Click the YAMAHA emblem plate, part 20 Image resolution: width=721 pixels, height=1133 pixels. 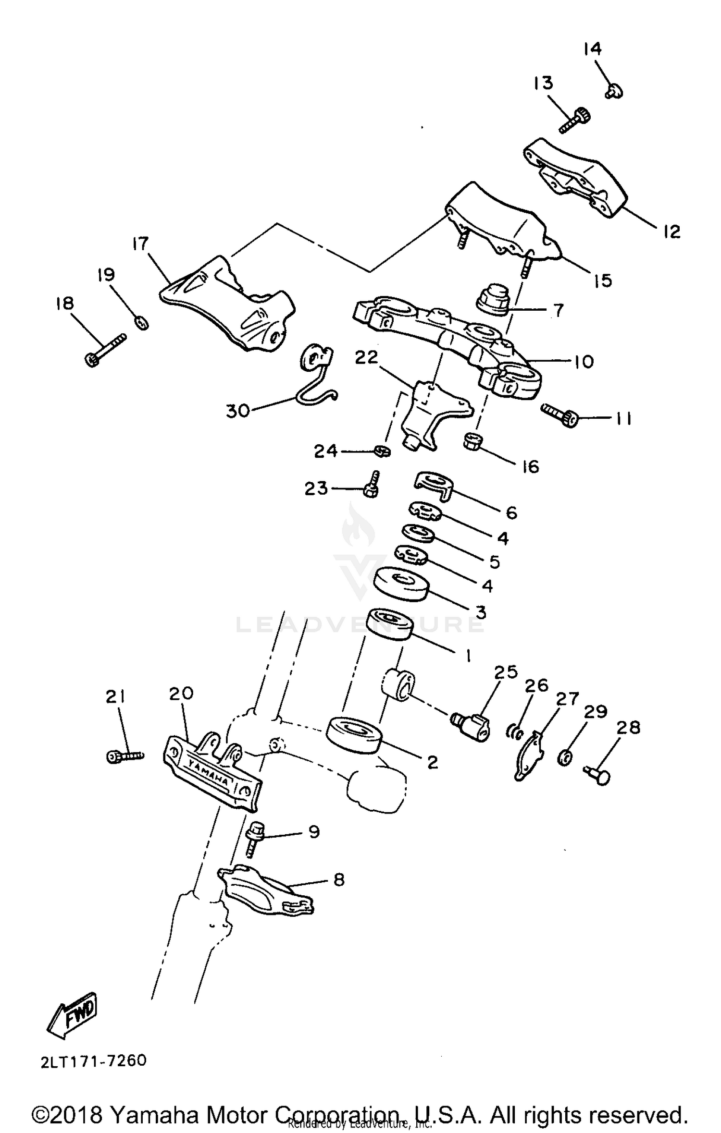(x=211, y=774)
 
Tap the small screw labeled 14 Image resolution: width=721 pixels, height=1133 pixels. (x=614, y=90)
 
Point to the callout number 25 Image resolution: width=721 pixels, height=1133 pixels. (x=506, y=672)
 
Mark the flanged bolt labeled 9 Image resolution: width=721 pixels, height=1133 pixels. (x=253, y=839)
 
